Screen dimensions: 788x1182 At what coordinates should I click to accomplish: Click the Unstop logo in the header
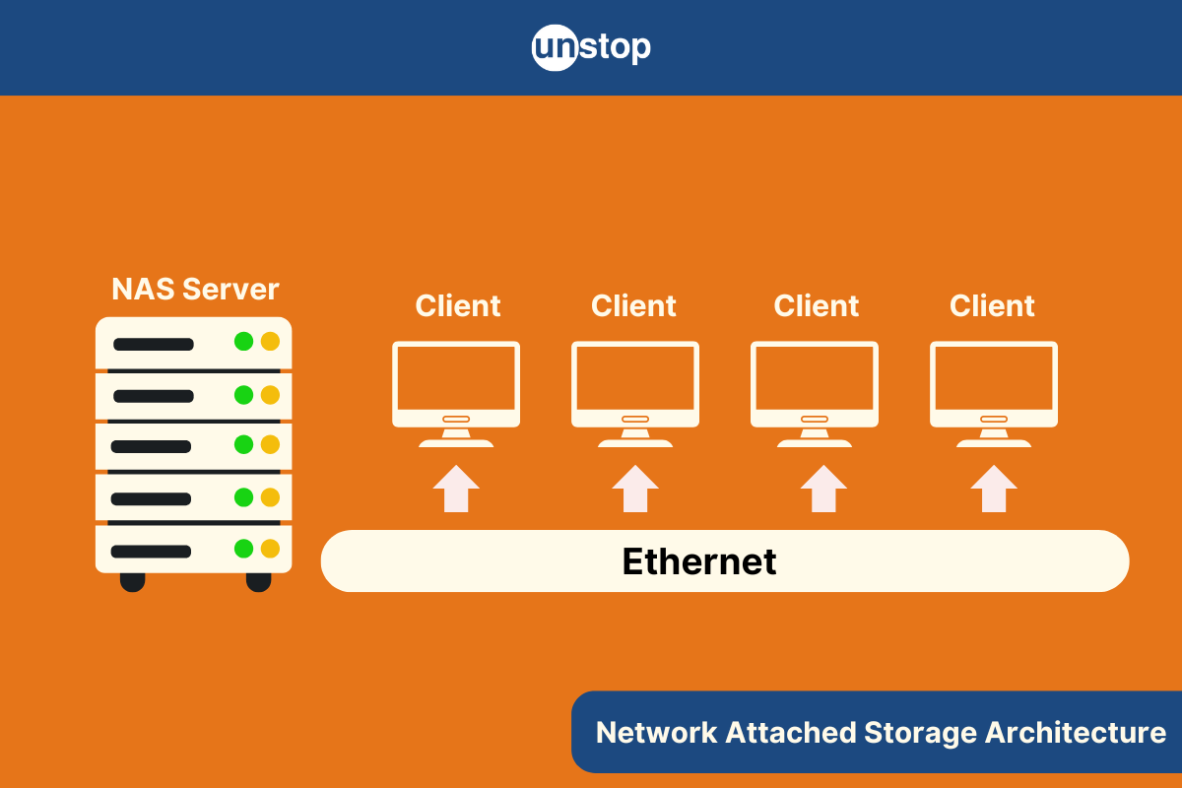click(x=591, y=47)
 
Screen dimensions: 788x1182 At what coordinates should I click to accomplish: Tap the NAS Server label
click(x=195, y=290)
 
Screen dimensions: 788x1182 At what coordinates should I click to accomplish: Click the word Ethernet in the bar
click(x=699, y=561)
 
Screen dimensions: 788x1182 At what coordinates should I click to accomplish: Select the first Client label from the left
click(x=458, y=306)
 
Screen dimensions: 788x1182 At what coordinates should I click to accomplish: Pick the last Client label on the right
click(x=992, y=306)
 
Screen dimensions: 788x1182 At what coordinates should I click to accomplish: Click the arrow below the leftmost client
click(x=456, y=489)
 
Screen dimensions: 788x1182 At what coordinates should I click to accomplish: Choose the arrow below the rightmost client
click(x=994, y=489)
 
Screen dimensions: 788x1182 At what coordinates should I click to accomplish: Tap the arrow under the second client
click(x=635, y=489)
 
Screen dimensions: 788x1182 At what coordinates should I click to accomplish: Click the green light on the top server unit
click(x=243, y=342)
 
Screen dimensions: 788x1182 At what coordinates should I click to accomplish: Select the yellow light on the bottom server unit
click(x=270, y=549)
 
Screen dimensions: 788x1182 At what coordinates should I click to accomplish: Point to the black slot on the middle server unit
click(x=151, y=446)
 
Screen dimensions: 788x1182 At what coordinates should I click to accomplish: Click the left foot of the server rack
click(x=132, y=581)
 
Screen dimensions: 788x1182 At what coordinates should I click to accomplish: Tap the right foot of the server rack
click(x=258, y=581)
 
